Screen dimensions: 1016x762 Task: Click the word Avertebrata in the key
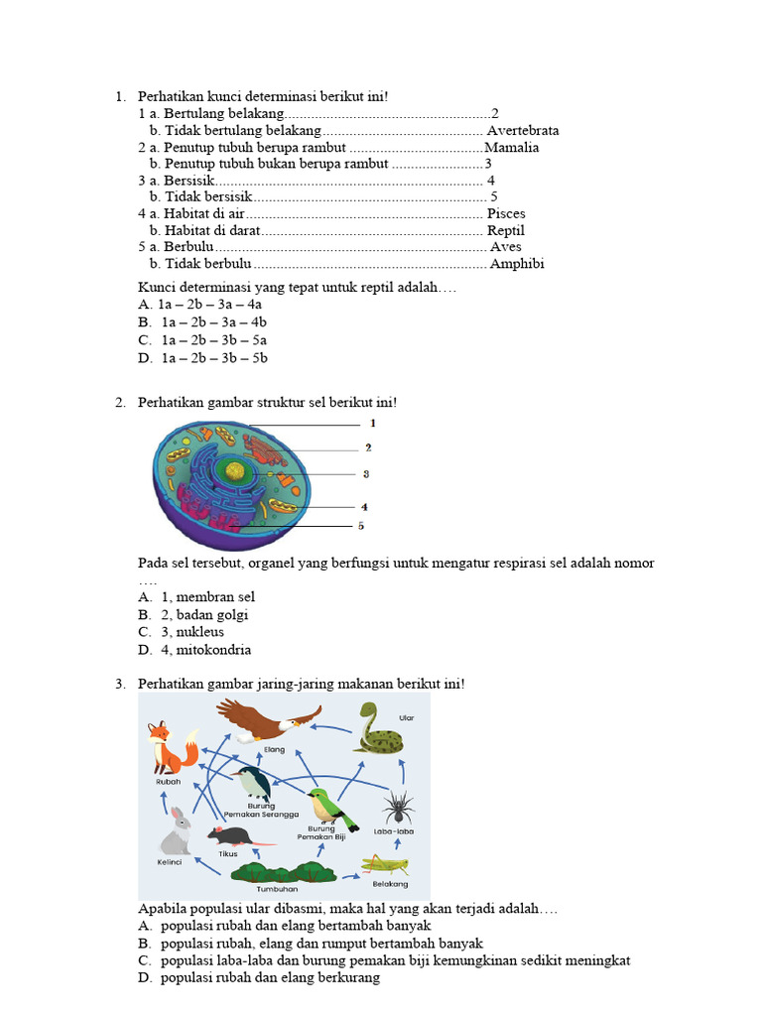(x=523, y=130)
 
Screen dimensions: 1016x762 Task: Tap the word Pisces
(x=506, y=213)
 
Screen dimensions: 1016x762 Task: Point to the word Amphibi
(x=516, y=264)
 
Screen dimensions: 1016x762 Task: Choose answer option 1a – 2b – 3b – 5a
(x=213, y=340)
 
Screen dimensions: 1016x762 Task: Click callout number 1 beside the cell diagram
(x=372, y=424)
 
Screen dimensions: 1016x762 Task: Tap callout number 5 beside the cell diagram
(x=361, y=526)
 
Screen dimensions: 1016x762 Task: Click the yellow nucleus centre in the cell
(x=235, y=471)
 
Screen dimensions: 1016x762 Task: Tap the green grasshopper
(x=385, y=862)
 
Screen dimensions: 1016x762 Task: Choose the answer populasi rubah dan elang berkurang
(x=270, y=978)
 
